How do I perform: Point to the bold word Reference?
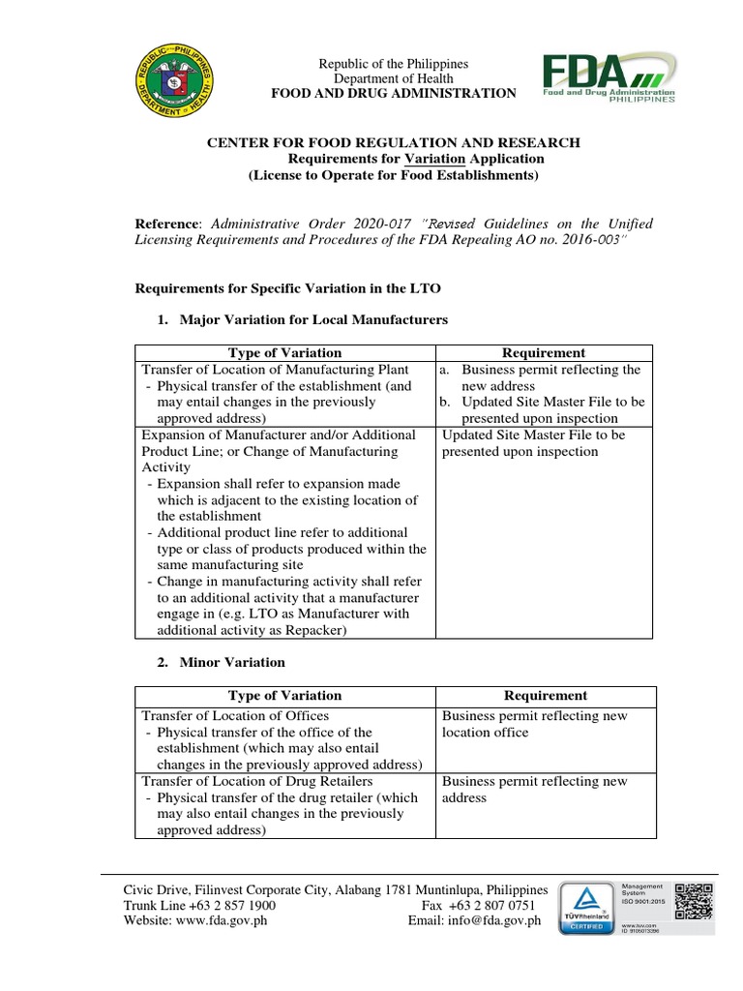tap(168, 224)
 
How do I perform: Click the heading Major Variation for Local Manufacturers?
tap(312, 318)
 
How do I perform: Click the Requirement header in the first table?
tap(545, 353)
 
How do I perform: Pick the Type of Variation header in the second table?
tap(284, 696)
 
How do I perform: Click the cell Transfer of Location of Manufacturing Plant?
tap(275, 370)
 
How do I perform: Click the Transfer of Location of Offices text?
tap(235, 716)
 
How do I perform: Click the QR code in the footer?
tap(693, 904)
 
